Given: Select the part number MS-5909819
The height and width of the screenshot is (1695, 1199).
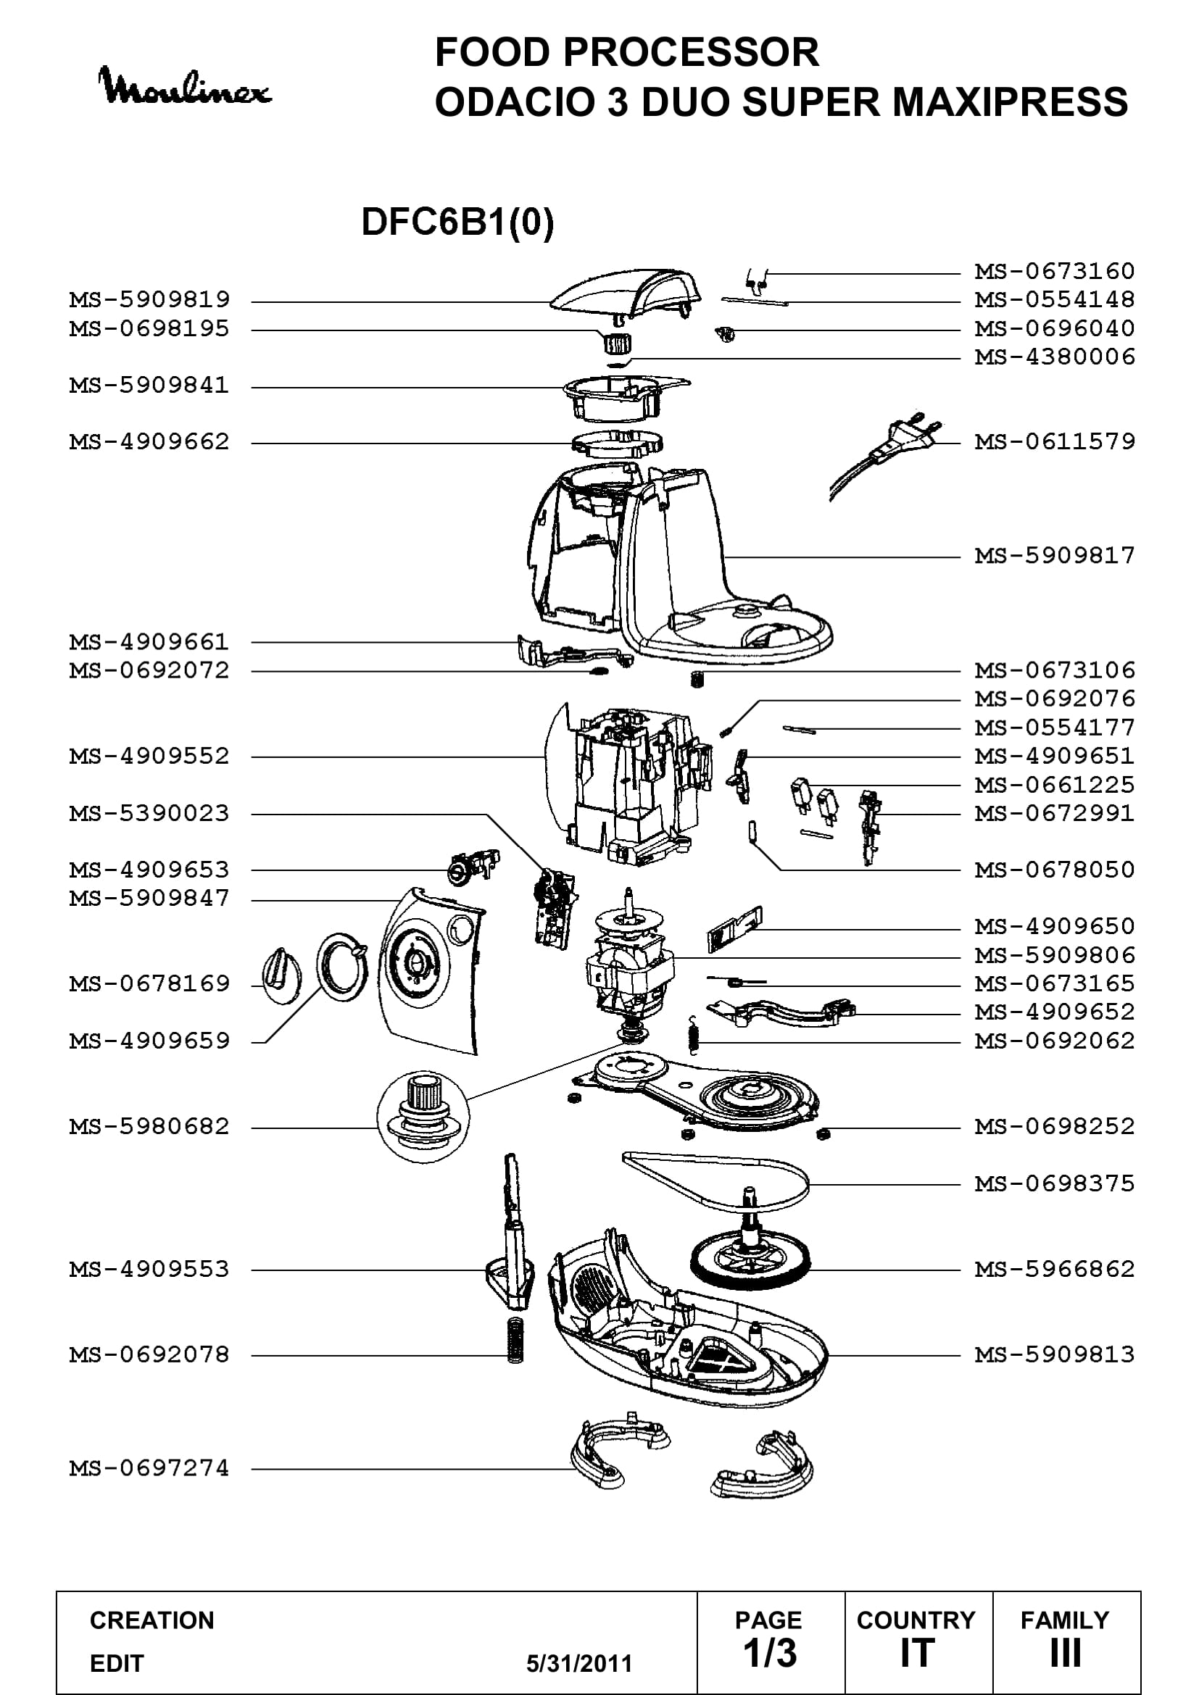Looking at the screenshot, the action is (x=149, y=301).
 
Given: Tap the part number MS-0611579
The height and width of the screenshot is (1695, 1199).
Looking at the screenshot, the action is (x=1054, y=442).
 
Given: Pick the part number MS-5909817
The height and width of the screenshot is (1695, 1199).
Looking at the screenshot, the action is (x=1054, y=556).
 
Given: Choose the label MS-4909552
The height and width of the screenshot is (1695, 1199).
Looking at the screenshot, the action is (x=149, y=757).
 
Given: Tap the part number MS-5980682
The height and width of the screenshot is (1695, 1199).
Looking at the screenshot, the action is (x=149, y=1128).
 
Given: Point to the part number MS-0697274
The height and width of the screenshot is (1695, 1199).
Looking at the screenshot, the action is (x=149, y=1468).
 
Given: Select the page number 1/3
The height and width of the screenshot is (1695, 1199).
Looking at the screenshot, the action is (x=770, y=1654).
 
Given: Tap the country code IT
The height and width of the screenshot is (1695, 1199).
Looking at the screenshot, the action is (x=917, y=1654).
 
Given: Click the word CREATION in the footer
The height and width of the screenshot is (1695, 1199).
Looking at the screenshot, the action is (x=152, y=1620).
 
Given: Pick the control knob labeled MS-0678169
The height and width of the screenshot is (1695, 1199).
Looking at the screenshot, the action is (x=281, y=976).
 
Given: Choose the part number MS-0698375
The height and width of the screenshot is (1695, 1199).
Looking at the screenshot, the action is (x=1054, y=1185).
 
